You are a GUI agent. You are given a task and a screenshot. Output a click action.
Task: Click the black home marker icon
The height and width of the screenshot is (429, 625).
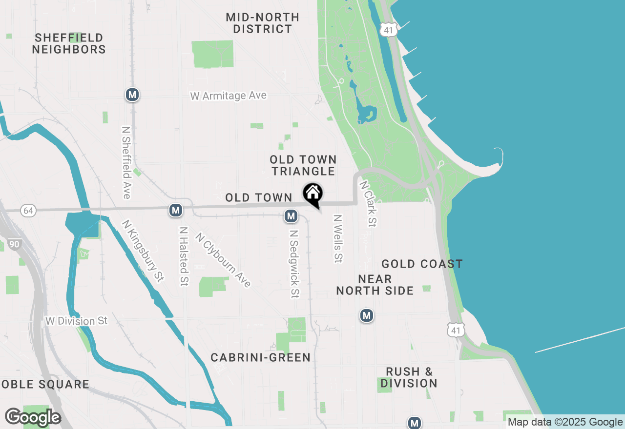tap(313, 194)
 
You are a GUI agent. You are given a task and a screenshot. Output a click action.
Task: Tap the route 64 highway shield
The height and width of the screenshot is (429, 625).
tap(28, 211)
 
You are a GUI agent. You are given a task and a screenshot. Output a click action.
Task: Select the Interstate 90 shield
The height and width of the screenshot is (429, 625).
tap(15, 243)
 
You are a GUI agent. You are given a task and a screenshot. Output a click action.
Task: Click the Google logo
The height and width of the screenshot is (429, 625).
tap(33, 418)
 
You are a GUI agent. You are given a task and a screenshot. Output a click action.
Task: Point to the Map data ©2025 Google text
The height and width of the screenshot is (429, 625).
tap(565, 422)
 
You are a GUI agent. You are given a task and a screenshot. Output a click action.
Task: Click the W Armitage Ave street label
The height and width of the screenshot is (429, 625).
tap(229, 96)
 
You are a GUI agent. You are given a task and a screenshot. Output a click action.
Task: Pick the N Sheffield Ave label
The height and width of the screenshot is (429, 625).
tap(126, 163)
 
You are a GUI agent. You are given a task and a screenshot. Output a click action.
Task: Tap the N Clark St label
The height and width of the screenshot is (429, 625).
tap(368, 204)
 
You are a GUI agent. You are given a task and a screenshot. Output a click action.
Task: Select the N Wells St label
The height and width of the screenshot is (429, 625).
tap(337, 238)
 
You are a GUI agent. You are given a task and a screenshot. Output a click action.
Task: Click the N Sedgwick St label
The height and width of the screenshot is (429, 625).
tap(294, 264)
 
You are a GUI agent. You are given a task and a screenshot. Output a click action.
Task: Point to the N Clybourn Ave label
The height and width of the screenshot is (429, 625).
tap(223, 260)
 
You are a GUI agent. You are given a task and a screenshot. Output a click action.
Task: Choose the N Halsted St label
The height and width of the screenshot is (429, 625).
tap(184, 256)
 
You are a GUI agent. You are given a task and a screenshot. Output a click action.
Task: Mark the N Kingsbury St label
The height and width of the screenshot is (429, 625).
tap(143, 251)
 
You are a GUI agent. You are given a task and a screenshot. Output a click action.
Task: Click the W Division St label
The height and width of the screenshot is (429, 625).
tap(76, 321)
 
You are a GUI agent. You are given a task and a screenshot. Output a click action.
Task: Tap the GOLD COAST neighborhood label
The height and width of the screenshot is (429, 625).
tap(422, 264)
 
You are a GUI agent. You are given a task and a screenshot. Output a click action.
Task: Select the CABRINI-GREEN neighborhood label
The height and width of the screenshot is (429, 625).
tap(261, 357)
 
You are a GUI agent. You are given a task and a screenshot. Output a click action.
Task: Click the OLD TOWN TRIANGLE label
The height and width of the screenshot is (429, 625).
tap(303, 165)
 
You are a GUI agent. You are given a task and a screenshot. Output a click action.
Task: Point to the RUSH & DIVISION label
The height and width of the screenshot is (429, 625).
tap(409, 377)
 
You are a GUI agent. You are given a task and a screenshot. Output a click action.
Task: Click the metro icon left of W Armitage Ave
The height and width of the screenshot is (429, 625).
tap(132, 95)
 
